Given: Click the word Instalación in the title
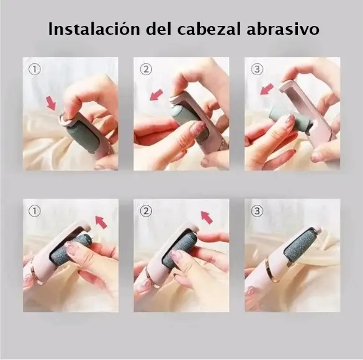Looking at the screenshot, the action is tap(94, 29).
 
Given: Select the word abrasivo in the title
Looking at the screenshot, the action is tap(283, 29).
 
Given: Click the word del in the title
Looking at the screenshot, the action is tap(159, 29).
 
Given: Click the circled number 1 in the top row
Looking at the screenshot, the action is tap(35, 69).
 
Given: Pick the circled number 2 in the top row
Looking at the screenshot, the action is tap(146, 69).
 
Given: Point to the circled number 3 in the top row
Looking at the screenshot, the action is tap(257, 69).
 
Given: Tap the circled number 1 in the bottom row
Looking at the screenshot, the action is tap(35, 211).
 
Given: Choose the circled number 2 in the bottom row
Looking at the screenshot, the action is tap(146, 211).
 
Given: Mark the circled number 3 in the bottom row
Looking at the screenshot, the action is tap(257, 211).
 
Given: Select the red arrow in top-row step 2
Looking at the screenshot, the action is tap(156, 95).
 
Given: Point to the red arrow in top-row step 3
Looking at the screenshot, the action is tap(266, 89).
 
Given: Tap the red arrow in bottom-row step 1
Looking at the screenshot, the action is tap(101, 222).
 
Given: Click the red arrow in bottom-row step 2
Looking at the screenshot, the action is tap(207, 217).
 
